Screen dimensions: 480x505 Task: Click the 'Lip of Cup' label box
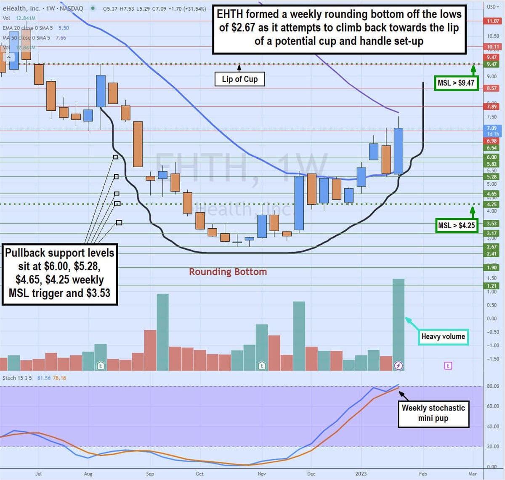coord(239,79)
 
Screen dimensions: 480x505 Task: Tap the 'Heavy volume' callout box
coord(443,336)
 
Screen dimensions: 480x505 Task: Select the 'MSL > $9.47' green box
coord(456,83)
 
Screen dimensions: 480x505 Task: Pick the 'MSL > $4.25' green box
coord(456,226)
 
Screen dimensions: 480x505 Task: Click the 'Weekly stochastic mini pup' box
coord(433,413)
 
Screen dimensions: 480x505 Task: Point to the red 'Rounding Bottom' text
coord(228,272)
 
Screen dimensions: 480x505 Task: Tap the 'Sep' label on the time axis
coord(150,474)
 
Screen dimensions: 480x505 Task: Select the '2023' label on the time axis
coord(361,474)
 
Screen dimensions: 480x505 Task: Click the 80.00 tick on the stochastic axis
coord(492,386)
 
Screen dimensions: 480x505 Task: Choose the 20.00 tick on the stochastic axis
coord(492,447)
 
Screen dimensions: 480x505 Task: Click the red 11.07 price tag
coord(493,21)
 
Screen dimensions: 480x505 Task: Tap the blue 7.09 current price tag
coord(492,128)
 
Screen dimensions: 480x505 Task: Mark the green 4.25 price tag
coord(492,204)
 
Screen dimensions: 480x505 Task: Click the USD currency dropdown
coord(492,7)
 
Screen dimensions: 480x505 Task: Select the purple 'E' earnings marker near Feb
coord(448,365)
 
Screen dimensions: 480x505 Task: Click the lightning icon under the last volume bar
coord(398,365)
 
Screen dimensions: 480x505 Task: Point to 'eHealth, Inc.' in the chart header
coord(21,8)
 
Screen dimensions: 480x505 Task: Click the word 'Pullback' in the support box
coord(24,253)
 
